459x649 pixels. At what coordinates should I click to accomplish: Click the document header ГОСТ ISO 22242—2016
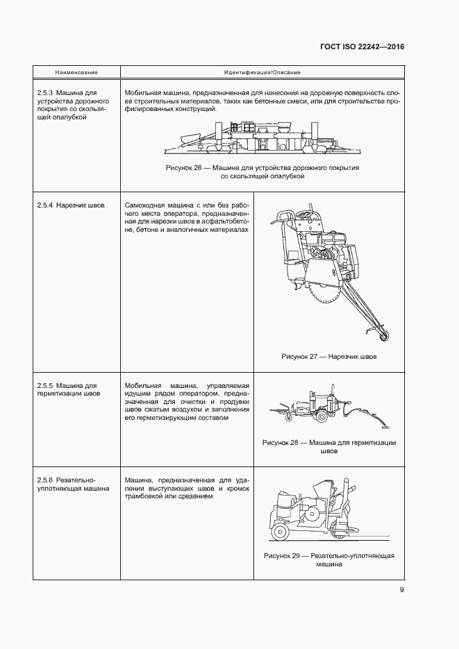coord(362,47)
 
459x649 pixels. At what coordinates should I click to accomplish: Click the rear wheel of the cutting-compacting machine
coord(281,532)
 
